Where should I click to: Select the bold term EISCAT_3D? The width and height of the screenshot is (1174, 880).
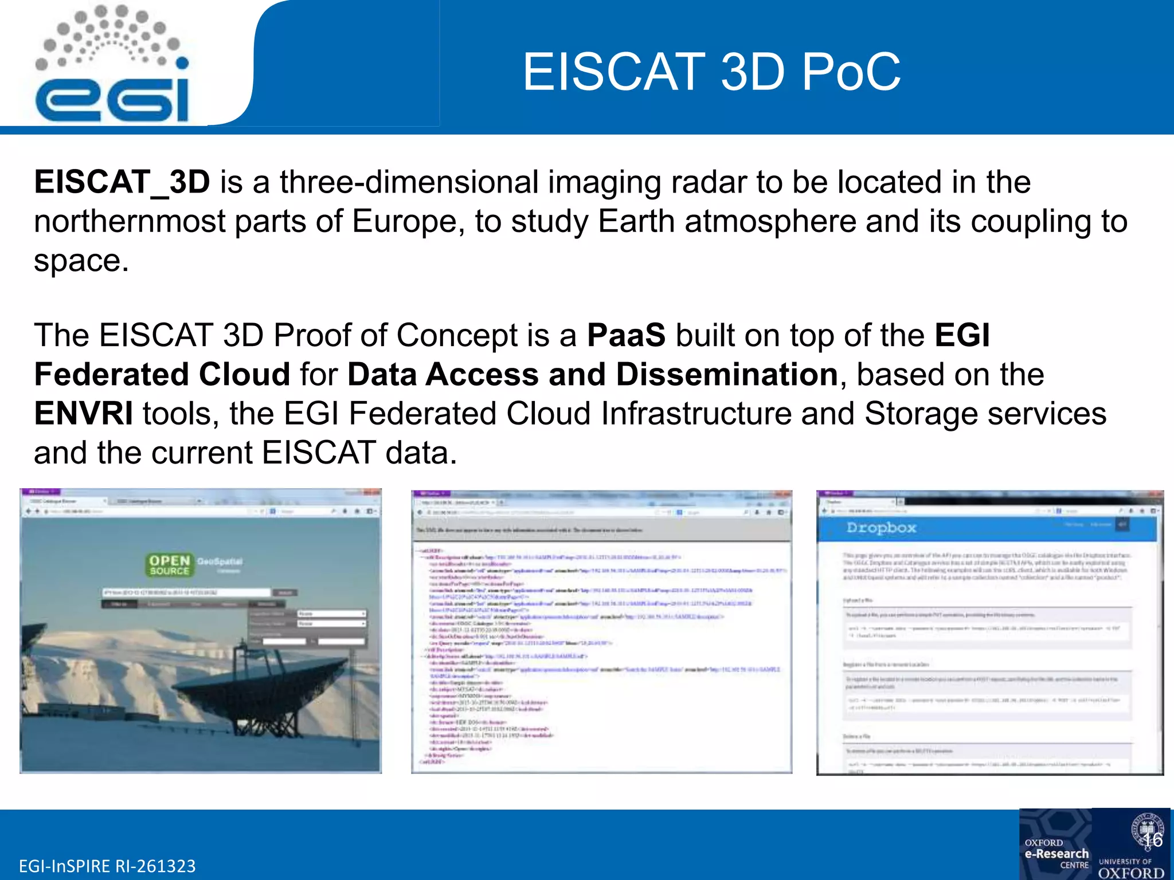coord(122,182)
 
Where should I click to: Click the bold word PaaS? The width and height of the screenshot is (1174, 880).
coord(626,335)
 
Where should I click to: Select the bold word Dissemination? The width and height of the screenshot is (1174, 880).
coord(727,375)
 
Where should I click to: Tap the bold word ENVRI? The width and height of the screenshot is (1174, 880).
coord(84,414)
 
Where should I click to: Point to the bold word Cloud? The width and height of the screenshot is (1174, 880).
coord(244,375)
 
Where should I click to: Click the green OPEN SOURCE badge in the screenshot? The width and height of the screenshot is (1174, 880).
coord(169,565)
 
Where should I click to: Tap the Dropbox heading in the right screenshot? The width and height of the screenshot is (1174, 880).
coord(881,528)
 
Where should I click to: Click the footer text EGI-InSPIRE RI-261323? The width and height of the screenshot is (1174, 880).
coord(107,866)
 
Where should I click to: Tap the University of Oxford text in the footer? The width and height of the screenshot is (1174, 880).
coord(1130,869)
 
